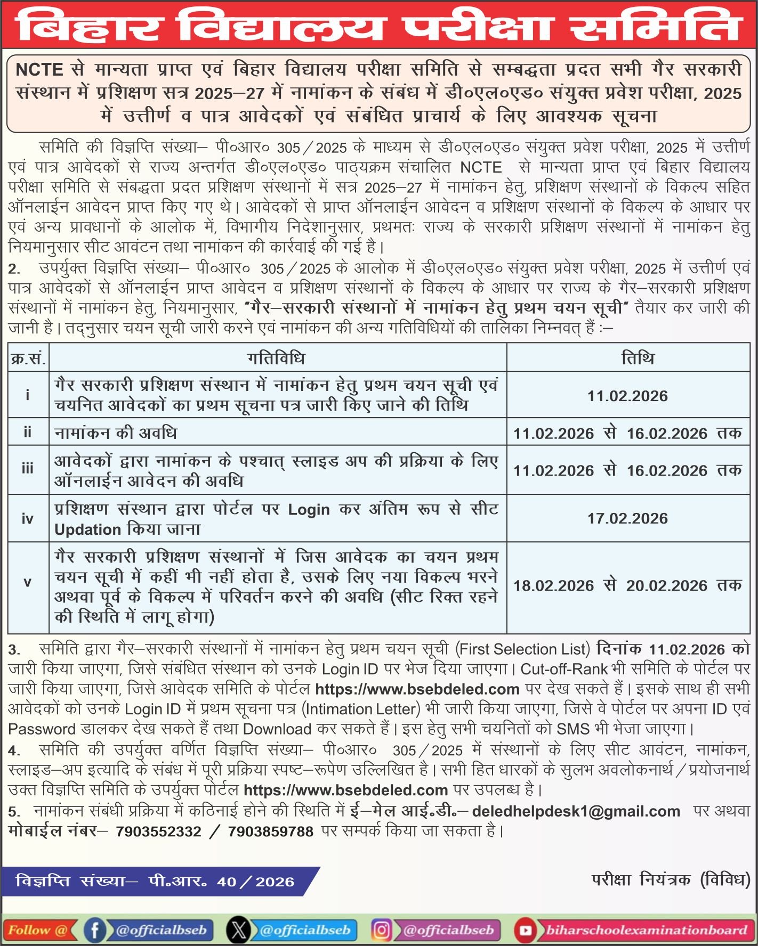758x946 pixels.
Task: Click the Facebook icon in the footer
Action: [x=95, y=930]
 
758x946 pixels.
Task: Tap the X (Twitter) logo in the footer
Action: [x=238, y=930]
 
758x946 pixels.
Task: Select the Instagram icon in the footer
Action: [x=382, y=930]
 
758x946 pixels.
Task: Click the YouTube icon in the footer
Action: [x=526, y=930]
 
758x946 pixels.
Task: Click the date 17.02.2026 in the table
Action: [x=627, y=518]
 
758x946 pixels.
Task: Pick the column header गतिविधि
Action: [x=277, y=358]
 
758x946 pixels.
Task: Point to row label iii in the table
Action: [x=27, y=469]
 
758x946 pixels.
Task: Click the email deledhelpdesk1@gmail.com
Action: [x=576, y=811]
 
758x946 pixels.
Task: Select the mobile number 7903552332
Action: [x=158, y=831]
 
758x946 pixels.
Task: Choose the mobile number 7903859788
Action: [x=270, y=831]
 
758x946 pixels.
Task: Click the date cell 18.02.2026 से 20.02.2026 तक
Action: [x=627, y=585]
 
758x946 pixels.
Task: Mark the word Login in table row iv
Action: [x=309, y=510]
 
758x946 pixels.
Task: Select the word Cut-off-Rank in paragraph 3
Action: [x=564, y=669]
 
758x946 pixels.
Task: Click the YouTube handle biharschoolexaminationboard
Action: [x=646, y=930]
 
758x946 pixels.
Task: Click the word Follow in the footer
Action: [x=29, y=930]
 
